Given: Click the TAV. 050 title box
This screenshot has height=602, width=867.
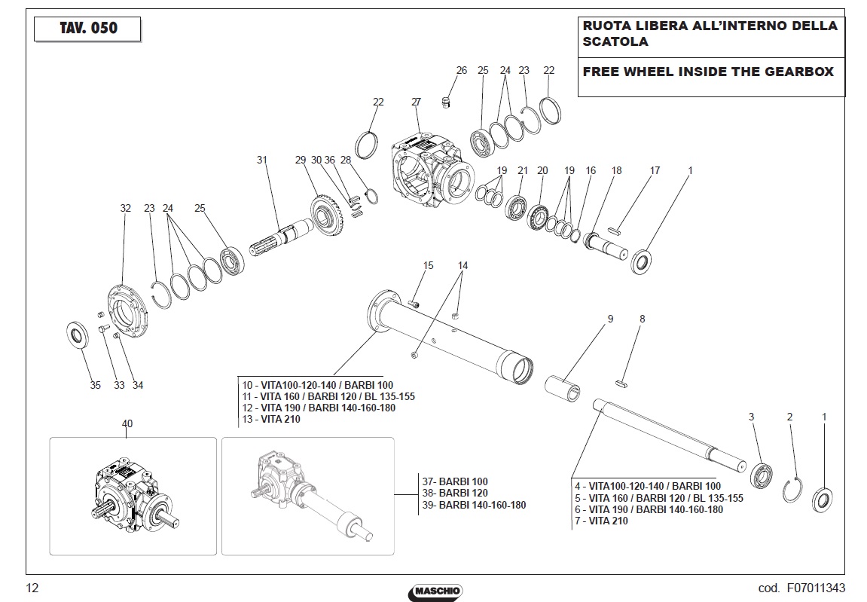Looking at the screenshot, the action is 87,29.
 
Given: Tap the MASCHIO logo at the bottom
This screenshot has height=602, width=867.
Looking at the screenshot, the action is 435,591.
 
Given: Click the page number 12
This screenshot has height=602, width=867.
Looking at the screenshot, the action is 32,588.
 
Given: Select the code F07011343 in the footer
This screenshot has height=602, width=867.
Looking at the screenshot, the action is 815,588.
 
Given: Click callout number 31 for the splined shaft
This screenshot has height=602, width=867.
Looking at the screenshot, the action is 262,160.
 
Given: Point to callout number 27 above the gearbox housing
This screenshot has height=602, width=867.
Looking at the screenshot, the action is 417,102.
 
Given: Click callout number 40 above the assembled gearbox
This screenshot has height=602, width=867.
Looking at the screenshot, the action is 127,424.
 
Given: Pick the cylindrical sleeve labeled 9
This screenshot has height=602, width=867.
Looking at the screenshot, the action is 563,389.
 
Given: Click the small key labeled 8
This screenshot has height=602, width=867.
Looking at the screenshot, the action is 621,382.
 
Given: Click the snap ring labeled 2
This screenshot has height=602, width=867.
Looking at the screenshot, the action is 792,490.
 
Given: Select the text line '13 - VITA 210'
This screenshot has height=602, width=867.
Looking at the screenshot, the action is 271,420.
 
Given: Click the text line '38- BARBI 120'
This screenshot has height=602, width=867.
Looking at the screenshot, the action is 455,493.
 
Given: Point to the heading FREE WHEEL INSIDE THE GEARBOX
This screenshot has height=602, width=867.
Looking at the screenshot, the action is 708,72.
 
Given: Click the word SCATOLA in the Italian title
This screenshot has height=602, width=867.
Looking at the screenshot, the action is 615,41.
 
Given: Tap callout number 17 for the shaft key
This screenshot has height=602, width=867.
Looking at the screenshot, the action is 655,170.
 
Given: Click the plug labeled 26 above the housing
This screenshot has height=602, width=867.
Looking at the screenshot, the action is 446,102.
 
